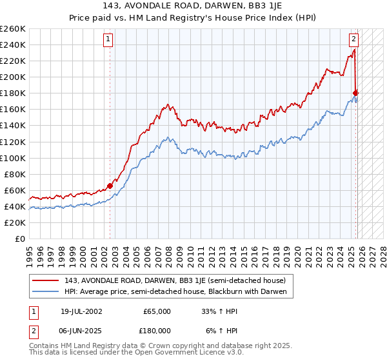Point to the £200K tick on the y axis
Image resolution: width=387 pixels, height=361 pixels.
click(x=13, y=77)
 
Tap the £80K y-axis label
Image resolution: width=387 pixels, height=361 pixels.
click(x=15, y=174)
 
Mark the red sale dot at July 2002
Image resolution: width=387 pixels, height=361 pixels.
click(x=110, y=186)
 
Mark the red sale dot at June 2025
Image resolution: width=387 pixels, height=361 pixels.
click(x=355, y=93)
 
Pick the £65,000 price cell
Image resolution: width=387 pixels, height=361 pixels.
click(x=155, y=311)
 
